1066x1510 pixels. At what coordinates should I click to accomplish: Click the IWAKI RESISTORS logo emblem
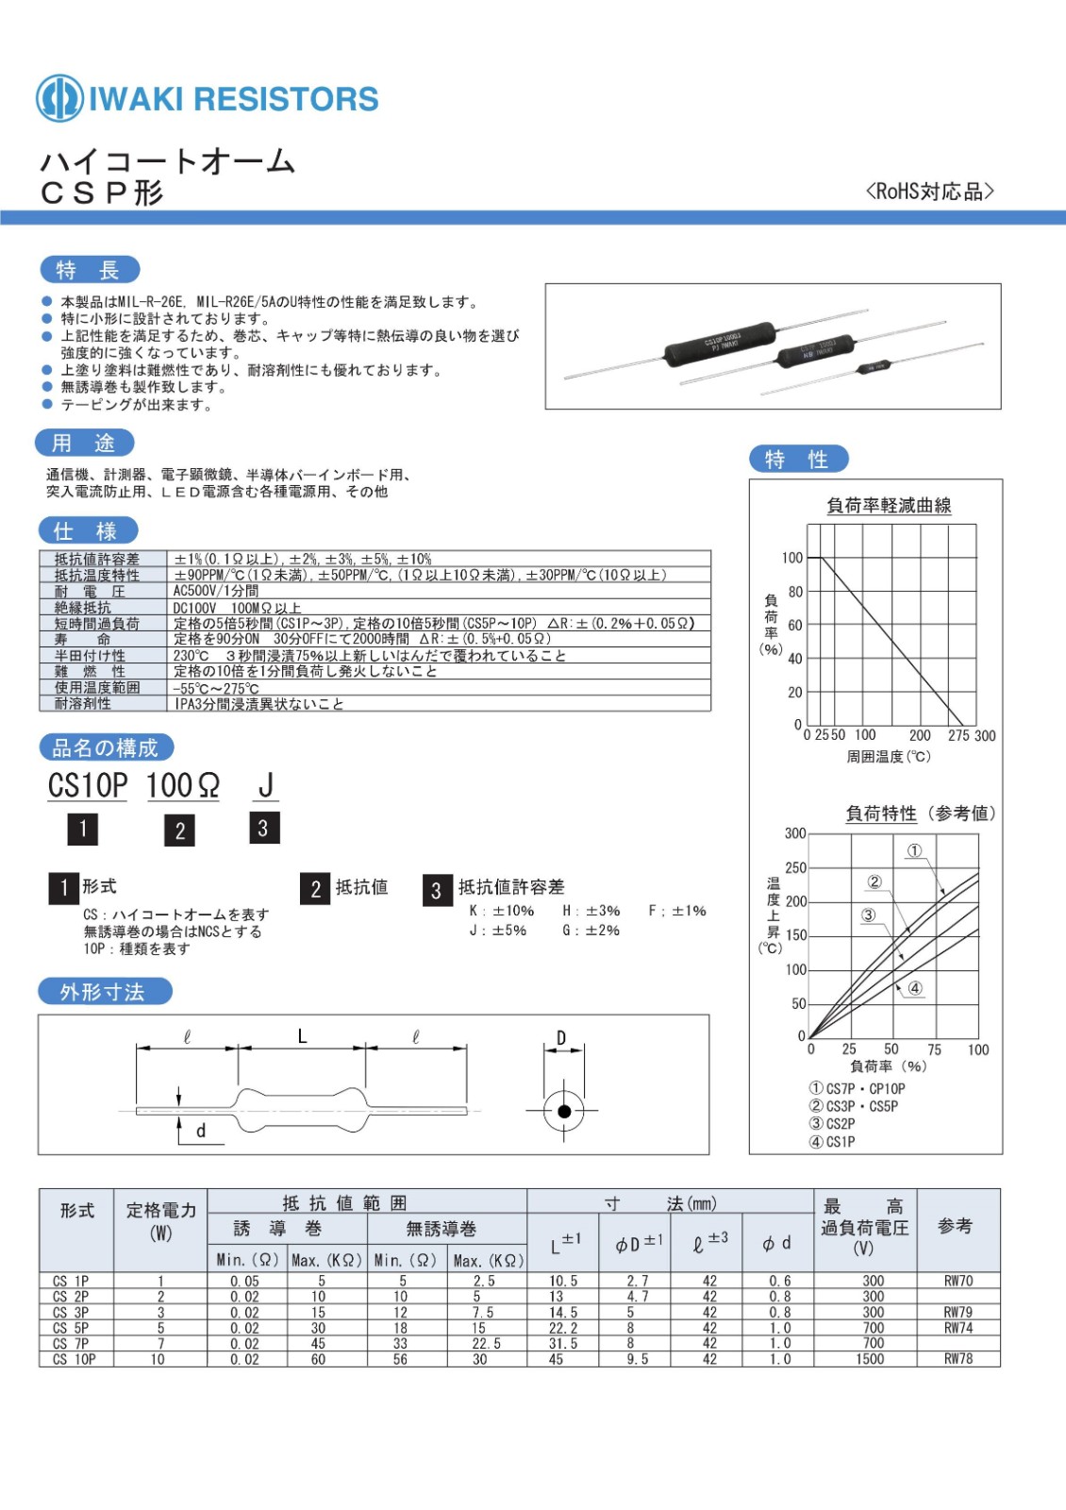[x=58, y=98]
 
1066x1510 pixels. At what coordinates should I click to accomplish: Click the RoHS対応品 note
[x=929, y=192]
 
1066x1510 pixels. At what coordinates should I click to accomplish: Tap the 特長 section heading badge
[x=90, y=270]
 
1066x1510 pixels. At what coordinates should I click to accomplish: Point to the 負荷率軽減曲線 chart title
[x=889, y=506]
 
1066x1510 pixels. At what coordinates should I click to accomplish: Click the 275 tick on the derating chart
[x=958, y=735]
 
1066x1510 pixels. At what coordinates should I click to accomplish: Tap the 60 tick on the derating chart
[x=795, y=625]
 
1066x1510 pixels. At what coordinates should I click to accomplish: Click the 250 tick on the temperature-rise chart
[x=795, y=867]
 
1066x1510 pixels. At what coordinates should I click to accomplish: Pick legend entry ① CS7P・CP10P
[x=857, y=1088]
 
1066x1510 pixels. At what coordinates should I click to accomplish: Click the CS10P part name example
[x=88, y=785]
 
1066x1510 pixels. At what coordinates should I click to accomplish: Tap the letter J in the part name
[x=265, y=785]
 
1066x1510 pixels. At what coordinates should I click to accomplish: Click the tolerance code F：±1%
[x=677, y=911]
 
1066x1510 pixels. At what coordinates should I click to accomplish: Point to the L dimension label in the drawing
[x=302, y=1036]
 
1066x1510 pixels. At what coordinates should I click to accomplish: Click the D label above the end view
[x=561, y=1038]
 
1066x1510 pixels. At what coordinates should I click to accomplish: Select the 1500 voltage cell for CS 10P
[x=870, y=1359]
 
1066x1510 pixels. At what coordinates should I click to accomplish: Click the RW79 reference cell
[x=958, y=1312]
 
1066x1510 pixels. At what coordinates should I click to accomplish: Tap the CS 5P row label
[x=71, y=1328]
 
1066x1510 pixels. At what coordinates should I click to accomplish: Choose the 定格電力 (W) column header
[x=160, y=1220]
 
